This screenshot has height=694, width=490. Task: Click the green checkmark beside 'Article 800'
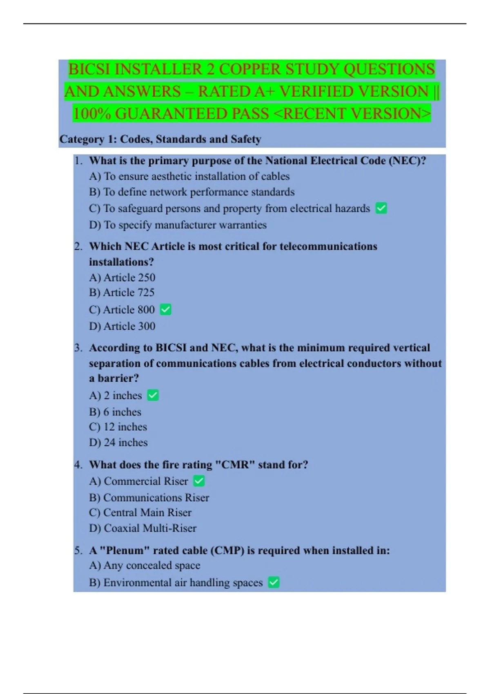click(166, 310)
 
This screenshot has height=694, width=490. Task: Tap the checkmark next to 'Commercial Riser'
click(199, 481)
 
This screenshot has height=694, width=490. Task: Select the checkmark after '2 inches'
click(153, 396)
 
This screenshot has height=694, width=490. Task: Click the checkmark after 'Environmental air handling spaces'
click(274, 583)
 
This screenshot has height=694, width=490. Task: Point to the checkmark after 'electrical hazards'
click(381, 209)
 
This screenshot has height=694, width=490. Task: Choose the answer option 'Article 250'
click(122, 278)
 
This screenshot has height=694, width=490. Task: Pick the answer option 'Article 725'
click(122, 293)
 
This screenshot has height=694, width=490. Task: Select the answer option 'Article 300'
click(122, 326)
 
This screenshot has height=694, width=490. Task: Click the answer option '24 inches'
click(118, 443)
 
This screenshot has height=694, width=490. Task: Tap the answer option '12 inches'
click(118, 427)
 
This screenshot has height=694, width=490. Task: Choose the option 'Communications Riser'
click(149, 498)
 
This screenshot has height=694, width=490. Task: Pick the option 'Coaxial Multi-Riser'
click(143, 528)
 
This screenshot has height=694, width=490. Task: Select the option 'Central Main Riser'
click(140, 513)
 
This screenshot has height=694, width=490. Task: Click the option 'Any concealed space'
click(145, 565)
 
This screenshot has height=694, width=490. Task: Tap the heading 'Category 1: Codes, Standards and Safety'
click(160, 139)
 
